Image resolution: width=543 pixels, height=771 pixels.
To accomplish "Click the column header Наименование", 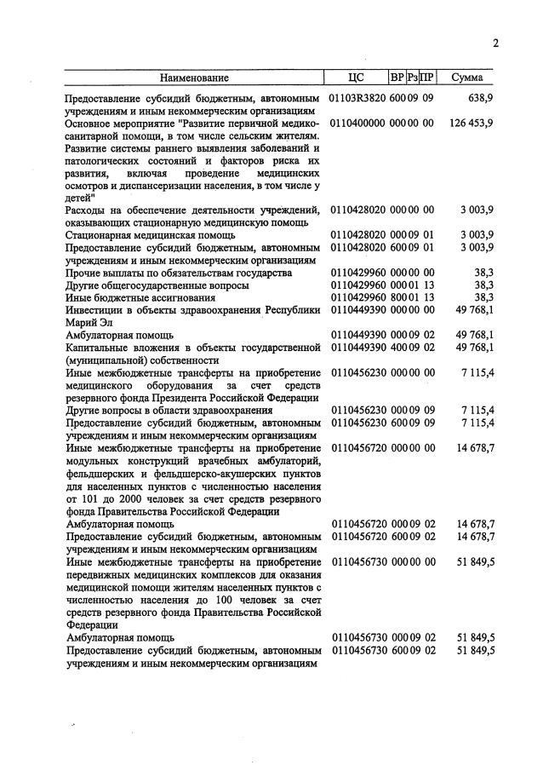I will [x=195, y=78].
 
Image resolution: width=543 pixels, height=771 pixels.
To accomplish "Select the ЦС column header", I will [x=357, y=78].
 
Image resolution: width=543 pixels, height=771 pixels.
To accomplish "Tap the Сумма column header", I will [x=468, y=78].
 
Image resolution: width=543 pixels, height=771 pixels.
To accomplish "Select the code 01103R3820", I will [x=357, y=99].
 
